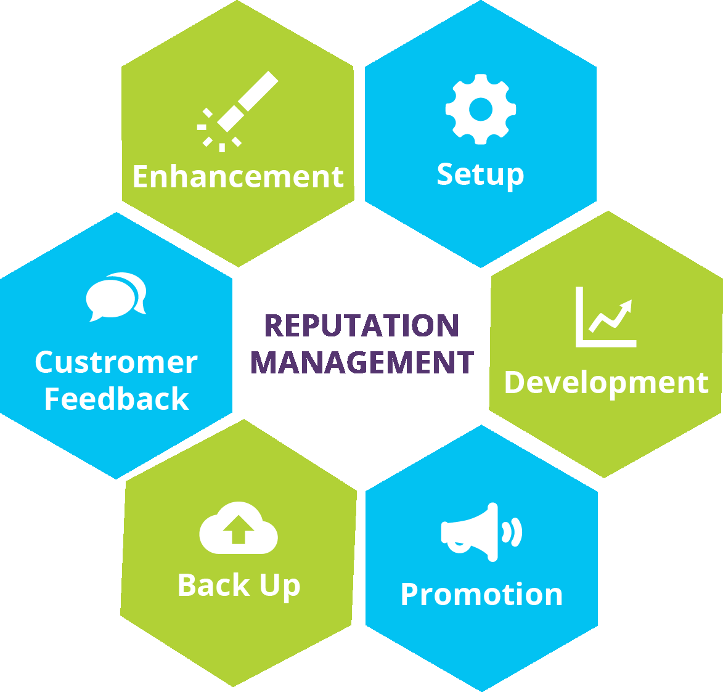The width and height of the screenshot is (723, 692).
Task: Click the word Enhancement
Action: coord(238,177)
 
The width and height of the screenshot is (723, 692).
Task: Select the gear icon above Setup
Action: coord(480,109)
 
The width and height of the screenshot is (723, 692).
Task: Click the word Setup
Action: coord(480,174)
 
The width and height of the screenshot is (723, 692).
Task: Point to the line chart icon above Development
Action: coord(605,317)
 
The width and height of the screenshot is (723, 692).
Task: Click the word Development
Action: coord(606,382)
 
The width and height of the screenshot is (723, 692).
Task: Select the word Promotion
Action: coord(481,595)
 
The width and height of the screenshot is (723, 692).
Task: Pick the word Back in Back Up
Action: coord(213,585)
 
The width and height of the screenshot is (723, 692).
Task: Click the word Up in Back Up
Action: coord(280,586)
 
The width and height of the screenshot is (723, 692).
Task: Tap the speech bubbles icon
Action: coord(116,296)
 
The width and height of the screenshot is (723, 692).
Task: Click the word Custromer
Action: coord(116,362)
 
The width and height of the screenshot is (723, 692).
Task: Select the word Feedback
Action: coord(116,399)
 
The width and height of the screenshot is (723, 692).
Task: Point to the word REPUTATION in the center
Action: coord(362,326)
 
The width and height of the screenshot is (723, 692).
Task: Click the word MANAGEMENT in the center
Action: coord(362,362)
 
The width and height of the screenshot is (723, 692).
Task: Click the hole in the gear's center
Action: coord(480,110)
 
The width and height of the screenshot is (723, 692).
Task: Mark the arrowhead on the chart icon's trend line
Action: coord(627,305)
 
